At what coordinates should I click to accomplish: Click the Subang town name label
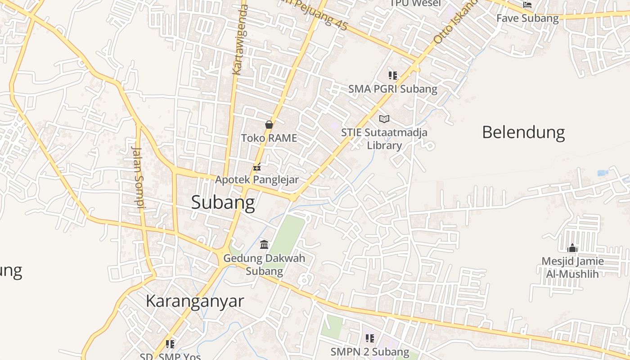click(x=223, y=202)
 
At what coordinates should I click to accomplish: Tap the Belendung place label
click(x=523, y=132)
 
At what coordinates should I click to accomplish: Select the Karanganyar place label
click(x=195, y=301)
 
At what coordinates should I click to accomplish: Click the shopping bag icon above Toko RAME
click(x=269, y=125)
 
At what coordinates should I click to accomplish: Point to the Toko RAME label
click(x=269, y=138)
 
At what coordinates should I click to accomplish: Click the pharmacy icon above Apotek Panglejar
click(x=257, y=167)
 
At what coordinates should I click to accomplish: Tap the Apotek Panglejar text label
click(x=257, y=180)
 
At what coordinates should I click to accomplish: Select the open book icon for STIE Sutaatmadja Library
click(x=384, y=119)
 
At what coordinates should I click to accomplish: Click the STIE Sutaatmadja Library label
click(x=384, y=139)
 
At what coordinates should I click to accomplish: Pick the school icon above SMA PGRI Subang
click(x=393, y=76)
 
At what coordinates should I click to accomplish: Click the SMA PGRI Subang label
click(x=393, y=89)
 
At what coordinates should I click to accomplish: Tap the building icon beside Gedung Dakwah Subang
click(x=264, y=245)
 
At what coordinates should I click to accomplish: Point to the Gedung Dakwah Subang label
click(x=264, y=265)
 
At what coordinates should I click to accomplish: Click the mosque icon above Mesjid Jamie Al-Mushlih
click(x=572, y=248)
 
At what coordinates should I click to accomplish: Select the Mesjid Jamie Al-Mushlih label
click(x=572, y=267)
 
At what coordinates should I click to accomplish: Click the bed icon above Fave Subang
click(x=527, y=5)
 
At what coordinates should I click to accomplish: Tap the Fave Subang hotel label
click(x=527, y=18)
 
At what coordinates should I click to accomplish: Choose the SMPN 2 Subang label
click(x=370, y=351)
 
